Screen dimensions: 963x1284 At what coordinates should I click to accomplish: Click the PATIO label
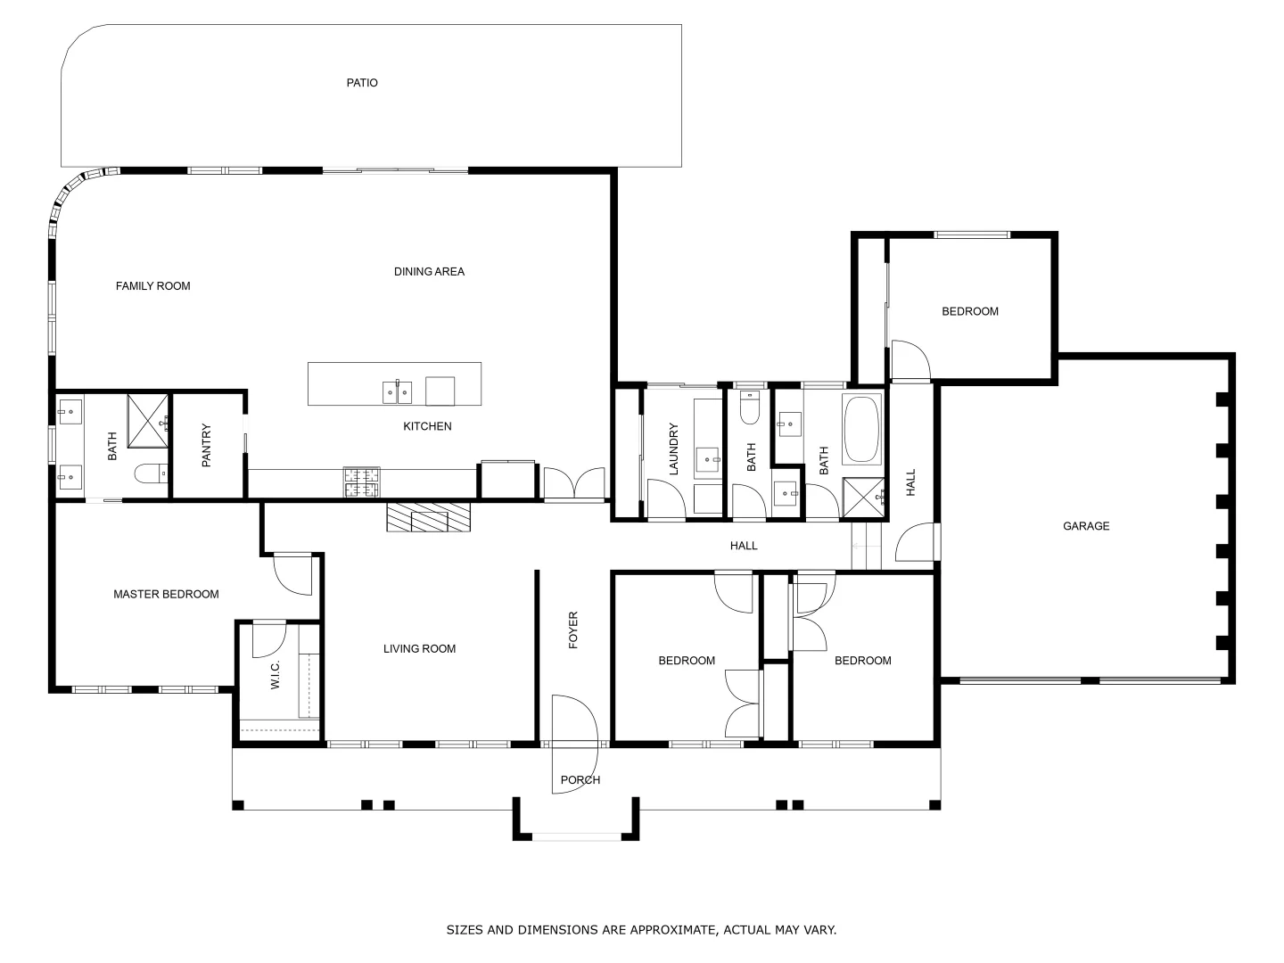pos(362,83)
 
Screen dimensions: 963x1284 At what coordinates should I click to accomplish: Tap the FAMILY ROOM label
pos(153,286)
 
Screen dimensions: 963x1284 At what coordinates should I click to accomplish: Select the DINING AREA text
pos(429,272)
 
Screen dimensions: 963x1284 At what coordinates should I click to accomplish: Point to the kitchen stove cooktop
pos(361,482)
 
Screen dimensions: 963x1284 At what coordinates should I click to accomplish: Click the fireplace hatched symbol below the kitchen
pos(428,517)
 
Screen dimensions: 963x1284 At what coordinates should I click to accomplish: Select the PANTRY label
pos(207,445)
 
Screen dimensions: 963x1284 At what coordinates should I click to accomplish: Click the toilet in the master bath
pos(150,473)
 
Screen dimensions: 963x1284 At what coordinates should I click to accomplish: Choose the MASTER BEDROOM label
pos(166,595)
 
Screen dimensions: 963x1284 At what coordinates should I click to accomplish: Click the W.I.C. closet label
pos(275,674)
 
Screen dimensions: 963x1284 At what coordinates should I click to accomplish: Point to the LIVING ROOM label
pos(419,649)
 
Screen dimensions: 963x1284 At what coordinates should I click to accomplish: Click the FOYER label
pos(573,630)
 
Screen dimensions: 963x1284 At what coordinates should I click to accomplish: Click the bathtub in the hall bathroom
pos(861,429)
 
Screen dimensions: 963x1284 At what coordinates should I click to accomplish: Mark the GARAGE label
pos(1086,526)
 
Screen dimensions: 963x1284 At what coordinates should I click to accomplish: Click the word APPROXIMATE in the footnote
pos(672,930)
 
